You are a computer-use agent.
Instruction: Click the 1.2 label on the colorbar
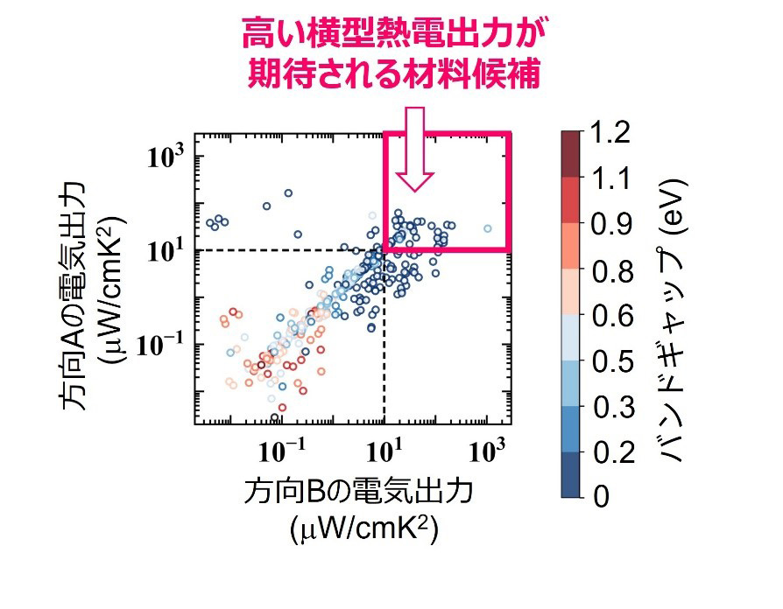(x=614, y=134)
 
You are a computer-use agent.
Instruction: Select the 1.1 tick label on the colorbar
(x=612, y=179)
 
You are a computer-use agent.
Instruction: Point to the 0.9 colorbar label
(x=614, y=225)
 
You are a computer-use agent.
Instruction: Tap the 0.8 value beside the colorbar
(x=614, y=270)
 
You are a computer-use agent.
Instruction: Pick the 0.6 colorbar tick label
(x=614, y=316)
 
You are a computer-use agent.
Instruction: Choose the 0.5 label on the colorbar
(x=614, y=361)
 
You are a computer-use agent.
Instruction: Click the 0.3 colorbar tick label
(x=614, y=407)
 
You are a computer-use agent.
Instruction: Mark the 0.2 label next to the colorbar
(x=614, y=452)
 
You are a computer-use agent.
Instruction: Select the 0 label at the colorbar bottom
(x=600, y=498)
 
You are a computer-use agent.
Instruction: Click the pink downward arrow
(x=414, y=149)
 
